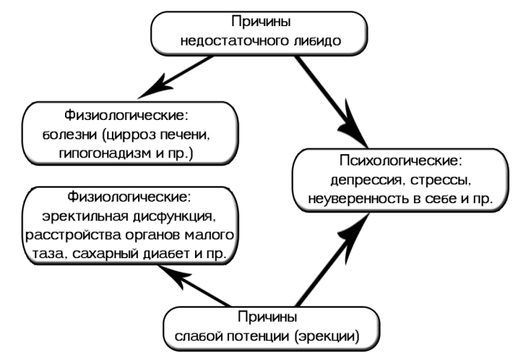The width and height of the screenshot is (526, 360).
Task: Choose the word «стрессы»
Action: (x=434, y=181)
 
